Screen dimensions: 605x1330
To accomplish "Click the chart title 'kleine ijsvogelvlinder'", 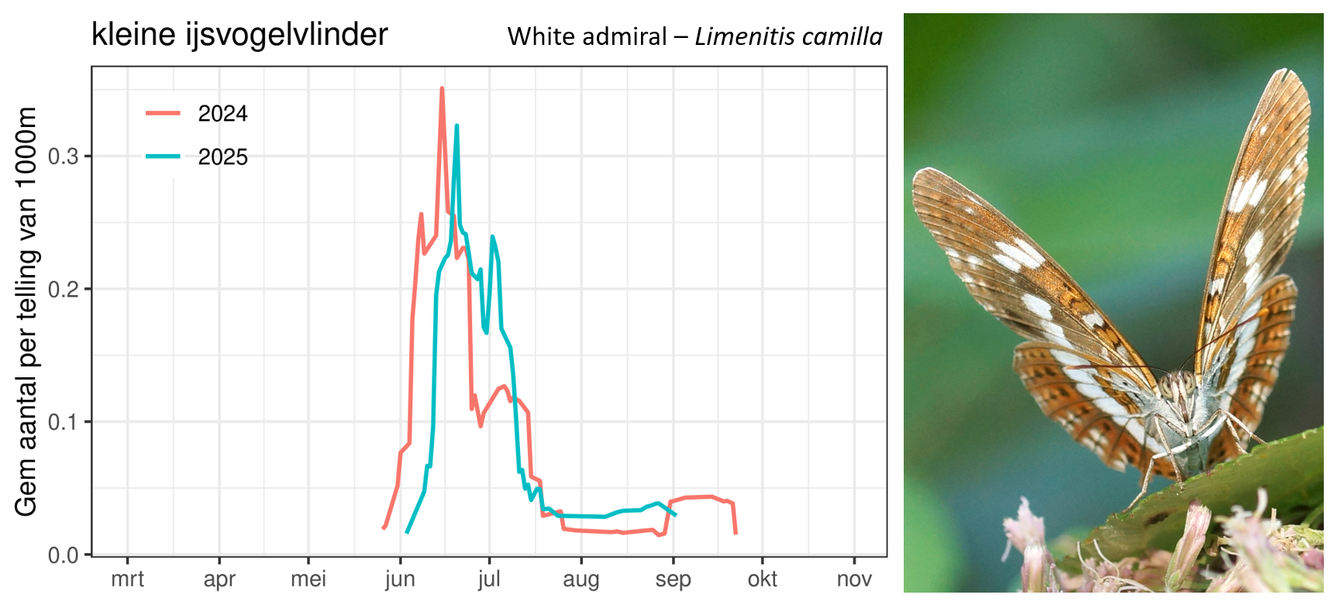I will pos(239,35).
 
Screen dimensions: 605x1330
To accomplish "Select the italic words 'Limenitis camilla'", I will pos(788,36).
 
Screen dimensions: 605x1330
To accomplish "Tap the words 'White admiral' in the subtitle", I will pos(587,36).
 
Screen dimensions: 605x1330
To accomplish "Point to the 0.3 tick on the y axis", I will pos(64,156).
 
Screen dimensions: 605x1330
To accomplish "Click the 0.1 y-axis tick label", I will pos(64,422).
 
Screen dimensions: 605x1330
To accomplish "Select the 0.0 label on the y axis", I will pos(64,555).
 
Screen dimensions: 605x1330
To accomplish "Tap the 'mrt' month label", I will pos(127,579).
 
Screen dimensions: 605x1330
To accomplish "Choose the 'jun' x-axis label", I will pos(400,579).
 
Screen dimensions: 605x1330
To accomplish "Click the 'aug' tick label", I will pos(581,579).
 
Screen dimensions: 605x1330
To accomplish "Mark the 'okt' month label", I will pos(763,579).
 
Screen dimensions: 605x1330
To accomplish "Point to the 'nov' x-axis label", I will pos(854,579).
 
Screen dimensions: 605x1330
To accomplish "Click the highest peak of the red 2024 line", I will pos(442,88).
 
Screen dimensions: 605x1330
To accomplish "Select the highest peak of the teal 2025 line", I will pos(457,125).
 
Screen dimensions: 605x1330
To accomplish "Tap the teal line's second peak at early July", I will pos(492,237).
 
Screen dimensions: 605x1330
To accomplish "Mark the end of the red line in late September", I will pos(736,533).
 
